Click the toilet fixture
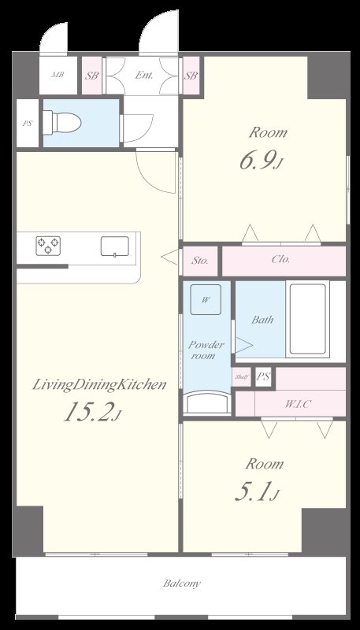[62, 122]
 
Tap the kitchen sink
[115, 246]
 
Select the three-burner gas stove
[48, 246]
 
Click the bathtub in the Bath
[308, 319]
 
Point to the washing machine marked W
[206, 300]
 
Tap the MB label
[58, 75]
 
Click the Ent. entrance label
[143, 75]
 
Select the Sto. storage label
[199, 261]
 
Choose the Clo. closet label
[281, 259]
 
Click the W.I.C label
[298, 404]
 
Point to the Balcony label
[182, 584]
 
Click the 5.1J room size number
[257, 493]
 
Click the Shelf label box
[242, 377]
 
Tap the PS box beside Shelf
[264, 377]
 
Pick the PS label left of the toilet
[27, 124]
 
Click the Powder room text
[206, 350]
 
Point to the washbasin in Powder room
[207, 402]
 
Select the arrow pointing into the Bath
[244, 345]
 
